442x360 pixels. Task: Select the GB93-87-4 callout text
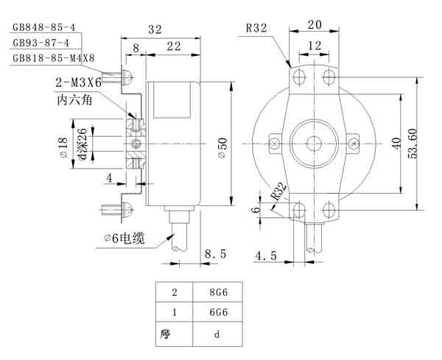[41, 43]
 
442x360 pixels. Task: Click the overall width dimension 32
[154, 29]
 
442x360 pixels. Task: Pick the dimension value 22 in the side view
[174, 47]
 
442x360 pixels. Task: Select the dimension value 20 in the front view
[315, 24]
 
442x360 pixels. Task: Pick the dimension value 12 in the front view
[315, 46]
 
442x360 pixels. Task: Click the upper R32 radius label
[256, 29]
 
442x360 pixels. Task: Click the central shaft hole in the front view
[315, 141]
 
